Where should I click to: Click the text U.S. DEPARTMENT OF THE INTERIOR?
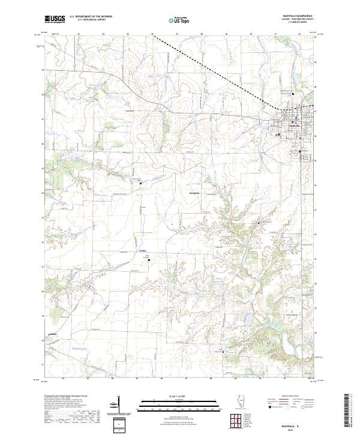pyautogui.click(x=91, y=17)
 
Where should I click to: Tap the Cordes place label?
pyautogui.click(x=143, y=250)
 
